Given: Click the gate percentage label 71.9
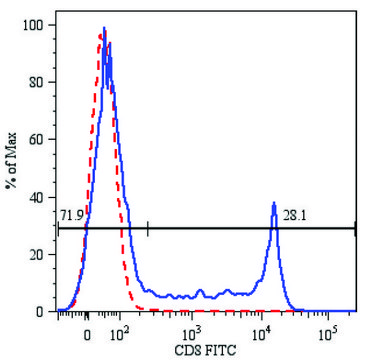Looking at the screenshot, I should [72, 215].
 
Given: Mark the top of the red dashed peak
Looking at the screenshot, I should [100, 35].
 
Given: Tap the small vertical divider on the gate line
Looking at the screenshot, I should [148, 228].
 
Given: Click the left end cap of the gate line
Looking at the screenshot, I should [59, 228].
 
